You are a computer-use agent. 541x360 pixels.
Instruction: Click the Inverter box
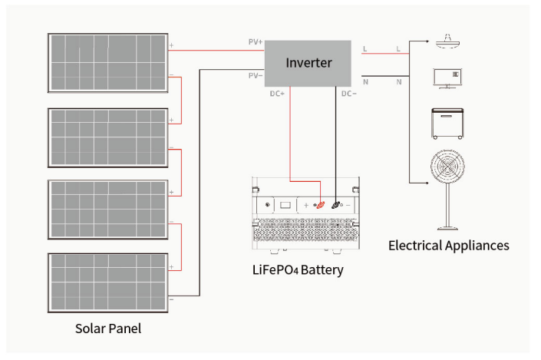(x=308, y=63)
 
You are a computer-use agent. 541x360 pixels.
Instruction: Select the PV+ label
(x=255, y=42)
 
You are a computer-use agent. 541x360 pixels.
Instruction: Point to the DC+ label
(x=277, y=94)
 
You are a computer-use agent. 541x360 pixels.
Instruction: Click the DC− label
(x=348, y=94)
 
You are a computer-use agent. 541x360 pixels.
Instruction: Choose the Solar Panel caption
(x=108, y=329)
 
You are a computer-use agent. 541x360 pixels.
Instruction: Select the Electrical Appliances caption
(x=448, y=246)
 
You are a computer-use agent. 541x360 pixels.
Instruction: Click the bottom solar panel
(x=108, y=282)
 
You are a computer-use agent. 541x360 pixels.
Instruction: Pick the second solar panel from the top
(x=108, y=137)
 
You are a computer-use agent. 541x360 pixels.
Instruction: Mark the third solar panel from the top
(x=108, y=210)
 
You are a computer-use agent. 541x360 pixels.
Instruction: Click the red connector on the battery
(x=322, y=205)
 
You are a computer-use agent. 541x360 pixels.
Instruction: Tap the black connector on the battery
(x=336, y=205)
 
